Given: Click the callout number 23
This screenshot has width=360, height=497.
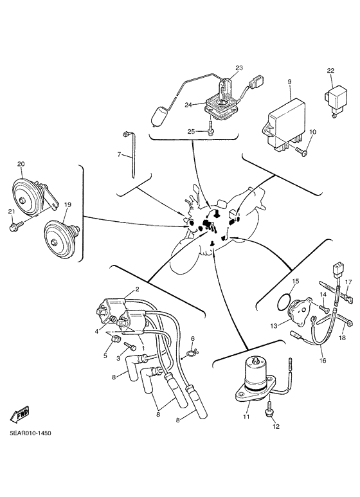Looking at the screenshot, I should pyautogui.click(x=239, y=68).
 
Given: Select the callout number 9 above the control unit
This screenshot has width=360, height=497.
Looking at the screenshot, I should pyautogui.click(x=289, y=82).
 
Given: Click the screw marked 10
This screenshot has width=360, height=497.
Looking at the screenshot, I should pyautogui.click(x=302, y=151).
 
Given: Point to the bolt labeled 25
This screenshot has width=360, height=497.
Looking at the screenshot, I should pyautogui.click(x=211, y=131).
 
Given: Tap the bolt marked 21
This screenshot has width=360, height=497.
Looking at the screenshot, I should pyautogui.click(x=14, y=227).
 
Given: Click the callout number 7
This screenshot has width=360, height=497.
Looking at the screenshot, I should pyautogui.click(x=119, y=154).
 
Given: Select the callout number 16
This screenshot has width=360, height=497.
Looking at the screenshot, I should pyautogui.click(x=323, y=361).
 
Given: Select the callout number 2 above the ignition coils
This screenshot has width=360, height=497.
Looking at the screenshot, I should pyautogui.click(x=136, y=289).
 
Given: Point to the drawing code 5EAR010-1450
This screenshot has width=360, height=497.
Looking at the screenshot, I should pyautogui.click(x=30, y=433).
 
